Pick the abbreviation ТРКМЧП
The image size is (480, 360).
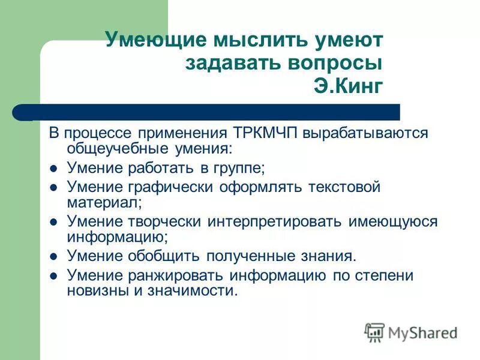263,133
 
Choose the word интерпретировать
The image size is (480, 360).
274,221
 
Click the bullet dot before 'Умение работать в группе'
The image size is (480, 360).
53,168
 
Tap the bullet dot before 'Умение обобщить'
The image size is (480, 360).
53,257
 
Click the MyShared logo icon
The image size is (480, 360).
374,332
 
